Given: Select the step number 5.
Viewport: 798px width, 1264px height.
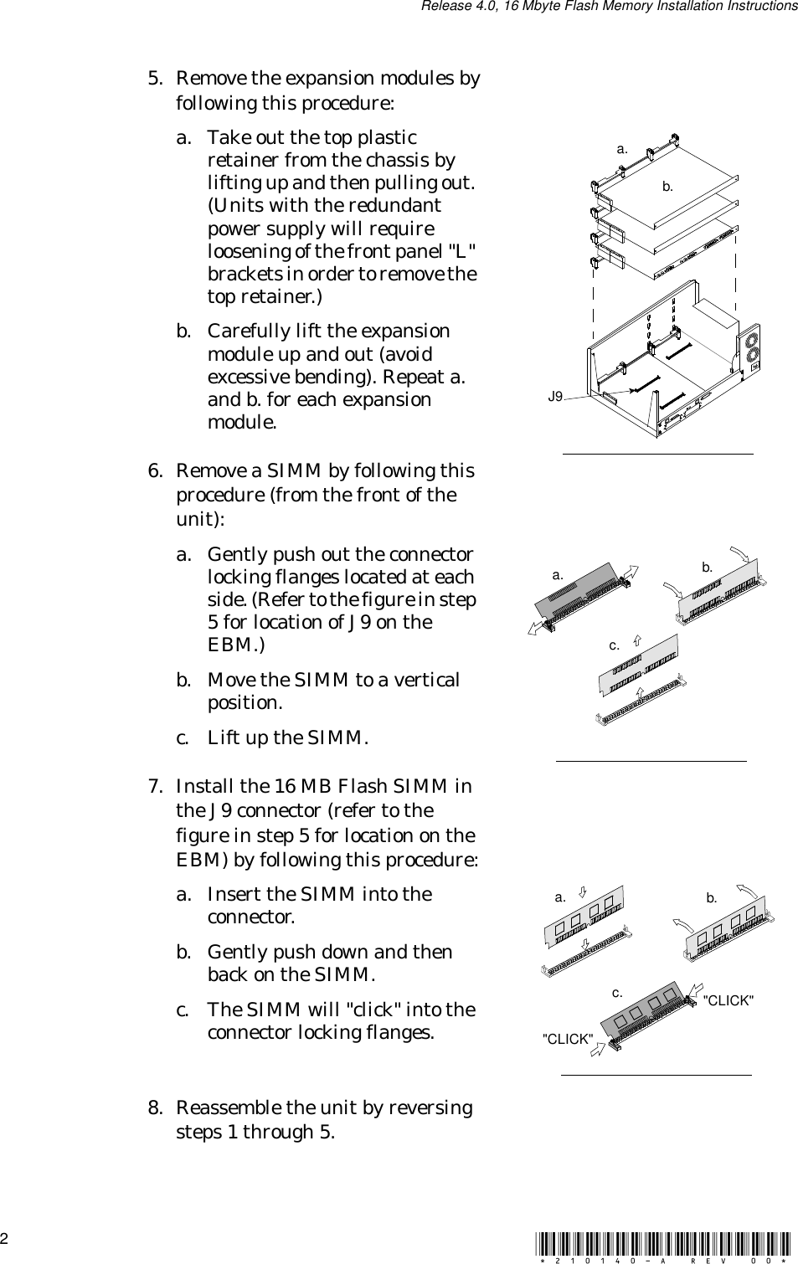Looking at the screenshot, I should point(154,79).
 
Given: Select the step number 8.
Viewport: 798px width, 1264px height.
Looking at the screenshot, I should point(154,1108).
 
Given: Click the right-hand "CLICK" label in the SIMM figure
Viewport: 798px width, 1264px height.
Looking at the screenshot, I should point(728,1000).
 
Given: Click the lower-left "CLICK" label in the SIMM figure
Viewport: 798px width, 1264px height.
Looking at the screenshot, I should point(569,1039).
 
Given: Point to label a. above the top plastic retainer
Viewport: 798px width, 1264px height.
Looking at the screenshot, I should point(622,149).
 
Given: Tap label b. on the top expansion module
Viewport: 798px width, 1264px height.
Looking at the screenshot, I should point(667,187).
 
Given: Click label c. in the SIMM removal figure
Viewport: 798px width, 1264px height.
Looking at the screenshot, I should point(615,645).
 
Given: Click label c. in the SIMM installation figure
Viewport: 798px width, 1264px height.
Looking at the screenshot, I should point(617,993).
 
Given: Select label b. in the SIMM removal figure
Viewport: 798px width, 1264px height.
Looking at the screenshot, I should point(708,567).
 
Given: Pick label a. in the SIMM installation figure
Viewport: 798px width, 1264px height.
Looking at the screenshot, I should point(560,897).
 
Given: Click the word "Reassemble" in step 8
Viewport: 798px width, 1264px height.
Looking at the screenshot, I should point(229,1108).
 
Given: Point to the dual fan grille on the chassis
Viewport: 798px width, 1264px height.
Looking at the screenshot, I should point(749,347).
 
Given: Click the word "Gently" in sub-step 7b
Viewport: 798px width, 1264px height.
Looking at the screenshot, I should point(234,953).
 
